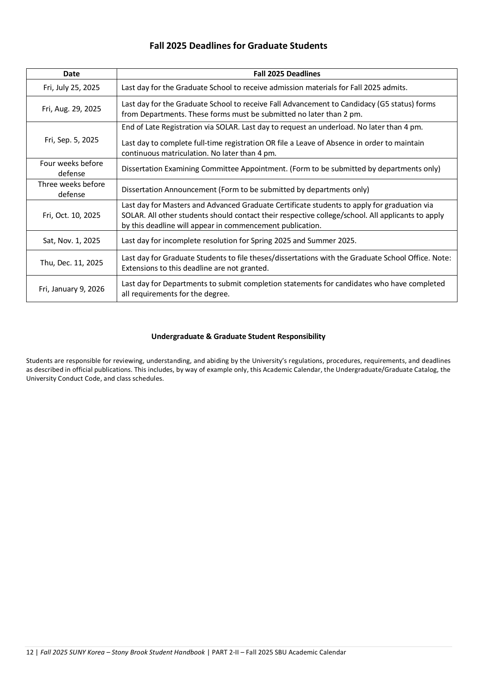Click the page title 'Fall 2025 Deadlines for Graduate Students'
click(238, 46)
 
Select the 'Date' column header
click(71, 74)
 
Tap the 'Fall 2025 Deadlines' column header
click(287, 74)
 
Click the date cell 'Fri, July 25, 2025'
click(71, 87)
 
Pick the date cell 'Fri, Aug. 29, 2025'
click(71, 109)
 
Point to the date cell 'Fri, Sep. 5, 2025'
click(71, 140)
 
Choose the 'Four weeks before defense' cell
click(71, 169)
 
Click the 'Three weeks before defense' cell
click(71, 189)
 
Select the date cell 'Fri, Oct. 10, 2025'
click(71, 215)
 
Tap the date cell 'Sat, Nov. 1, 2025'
click(71, 240)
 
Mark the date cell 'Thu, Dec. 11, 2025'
click(71, 263)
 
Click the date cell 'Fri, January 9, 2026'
click(71, 289)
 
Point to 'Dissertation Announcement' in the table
click(169, 189)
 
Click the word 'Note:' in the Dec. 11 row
click(441, 258)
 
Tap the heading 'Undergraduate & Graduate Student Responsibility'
click(238, 336)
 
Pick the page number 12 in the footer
click(30, 652)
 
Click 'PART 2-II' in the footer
click(226, 652)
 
